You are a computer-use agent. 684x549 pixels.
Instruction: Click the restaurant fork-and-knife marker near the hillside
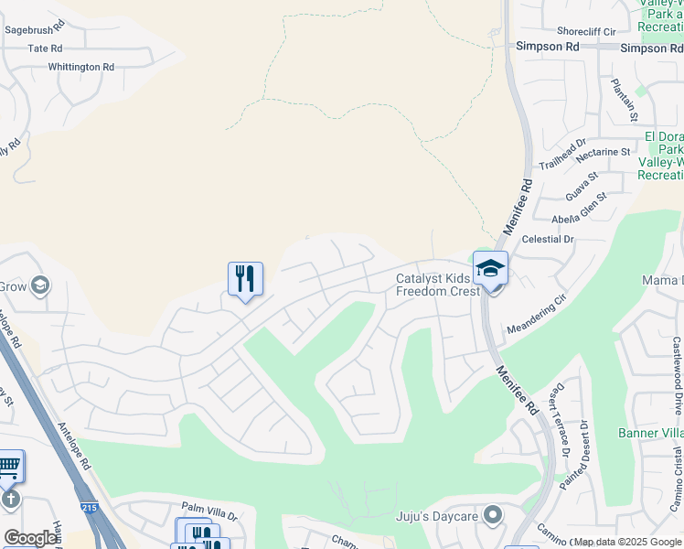(245, 278)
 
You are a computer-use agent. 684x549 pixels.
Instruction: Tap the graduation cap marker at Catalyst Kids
(490, 267)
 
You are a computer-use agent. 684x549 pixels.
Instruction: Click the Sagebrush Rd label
(34, 29)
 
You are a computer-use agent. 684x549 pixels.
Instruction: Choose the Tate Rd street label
(45, 48)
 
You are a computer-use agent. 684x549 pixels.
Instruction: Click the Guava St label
(582, 187)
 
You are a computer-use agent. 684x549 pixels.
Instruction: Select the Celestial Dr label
(547, 239)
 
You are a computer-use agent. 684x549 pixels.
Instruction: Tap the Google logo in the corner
(30, 538)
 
